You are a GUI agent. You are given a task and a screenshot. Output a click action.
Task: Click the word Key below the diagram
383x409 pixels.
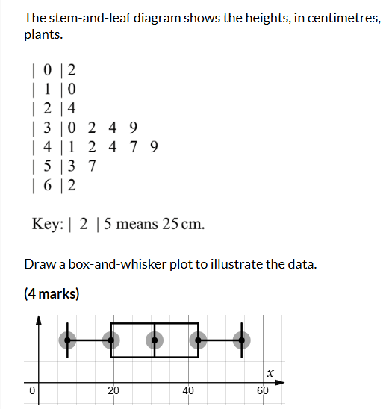46,224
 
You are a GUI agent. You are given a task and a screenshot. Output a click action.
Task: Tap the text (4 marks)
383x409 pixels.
52,293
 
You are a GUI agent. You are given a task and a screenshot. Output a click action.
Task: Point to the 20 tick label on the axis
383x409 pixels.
113,389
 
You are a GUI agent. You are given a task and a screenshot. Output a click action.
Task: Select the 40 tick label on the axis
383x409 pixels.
188,389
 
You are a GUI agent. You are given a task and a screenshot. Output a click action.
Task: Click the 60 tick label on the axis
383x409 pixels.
263,389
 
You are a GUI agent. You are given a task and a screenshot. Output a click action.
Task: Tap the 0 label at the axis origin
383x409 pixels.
32,389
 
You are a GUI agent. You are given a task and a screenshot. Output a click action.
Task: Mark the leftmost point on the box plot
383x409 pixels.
68,340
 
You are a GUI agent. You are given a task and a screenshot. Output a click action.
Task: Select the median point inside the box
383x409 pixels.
155,340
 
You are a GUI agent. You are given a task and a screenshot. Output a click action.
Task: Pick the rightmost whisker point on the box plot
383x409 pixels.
240,340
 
